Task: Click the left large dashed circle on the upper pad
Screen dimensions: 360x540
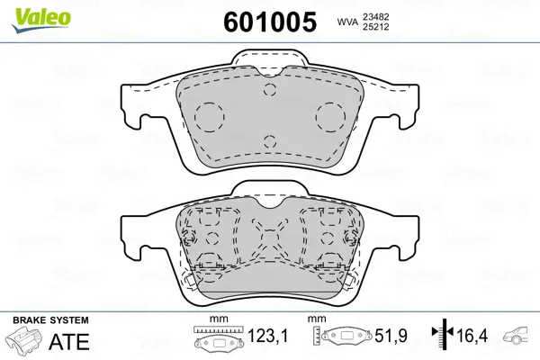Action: pos(210,116)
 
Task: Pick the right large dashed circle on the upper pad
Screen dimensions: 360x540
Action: pos(330,116)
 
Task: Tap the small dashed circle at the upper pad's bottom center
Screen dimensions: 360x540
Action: pos(270,142)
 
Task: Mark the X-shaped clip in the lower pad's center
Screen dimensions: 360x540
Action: pos(270,240)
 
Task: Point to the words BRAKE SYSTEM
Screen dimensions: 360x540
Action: pos(49,320)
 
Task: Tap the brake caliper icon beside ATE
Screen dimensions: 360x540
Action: pos(24,342)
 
